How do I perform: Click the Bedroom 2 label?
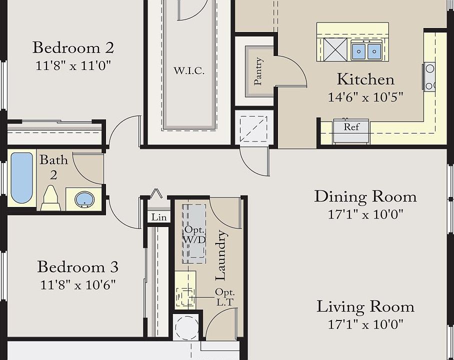pos(73,47)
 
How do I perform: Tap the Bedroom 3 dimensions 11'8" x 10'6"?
pos(78,285)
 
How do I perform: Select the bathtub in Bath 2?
pos(21,178)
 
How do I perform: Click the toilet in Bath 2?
pos(50,198)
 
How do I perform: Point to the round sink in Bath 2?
pos(84,199)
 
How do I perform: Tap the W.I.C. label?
pos(189,70)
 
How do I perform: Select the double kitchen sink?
pos(366,50)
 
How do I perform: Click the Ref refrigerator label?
pos(351,127)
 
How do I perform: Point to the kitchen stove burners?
pos(429,76)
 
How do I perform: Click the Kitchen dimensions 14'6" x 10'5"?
pos(365,97)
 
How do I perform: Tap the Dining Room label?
pos(365,196)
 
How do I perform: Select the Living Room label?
pos(365,306)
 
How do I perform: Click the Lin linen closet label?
pos(159,217)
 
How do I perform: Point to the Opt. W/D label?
pos(194,234)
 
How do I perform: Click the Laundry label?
pos(220,255)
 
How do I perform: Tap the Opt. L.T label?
pos(225,297)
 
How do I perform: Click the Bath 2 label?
pos(53,167)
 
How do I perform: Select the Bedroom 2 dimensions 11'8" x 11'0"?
pos(73,65)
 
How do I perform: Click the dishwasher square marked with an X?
pos(335,49)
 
